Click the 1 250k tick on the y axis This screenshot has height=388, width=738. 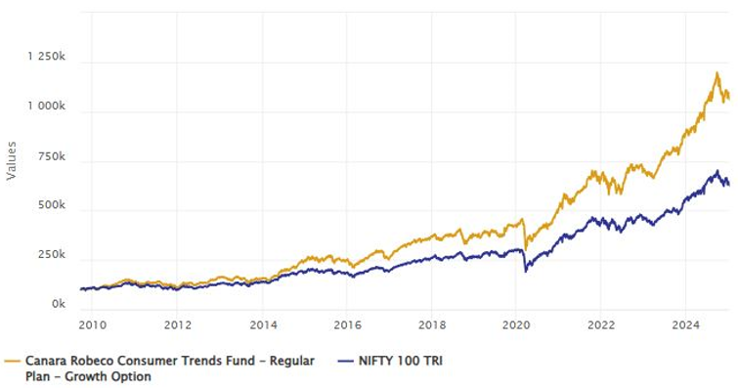pos(45,59)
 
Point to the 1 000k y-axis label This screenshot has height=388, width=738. pos(45,106)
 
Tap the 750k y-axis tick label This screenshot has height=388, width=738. pos(51,156)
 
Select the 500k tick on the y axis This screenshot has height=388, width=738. pos(51,207)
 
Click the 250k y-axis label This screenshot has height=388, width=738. pos(51,255)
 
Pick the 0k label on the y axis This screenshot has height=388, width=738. pos(58,305)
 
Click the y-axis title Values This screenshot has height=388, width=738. pos(12,159)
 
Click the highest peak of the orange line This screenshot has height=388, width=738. pos(717,72)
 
